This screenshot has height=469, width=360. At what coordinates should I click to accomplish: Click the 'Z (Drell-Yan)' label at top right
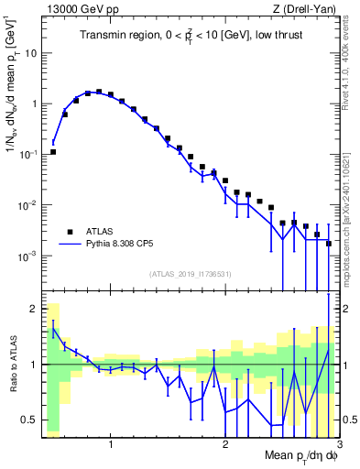[x=307, y=8]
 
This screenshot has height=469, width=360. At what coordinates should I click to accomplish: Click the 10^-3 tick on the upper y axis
[x=27, y=256]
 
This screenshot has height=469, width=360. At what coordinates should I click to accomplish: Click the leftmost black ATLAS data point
[x=53, y=152]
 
